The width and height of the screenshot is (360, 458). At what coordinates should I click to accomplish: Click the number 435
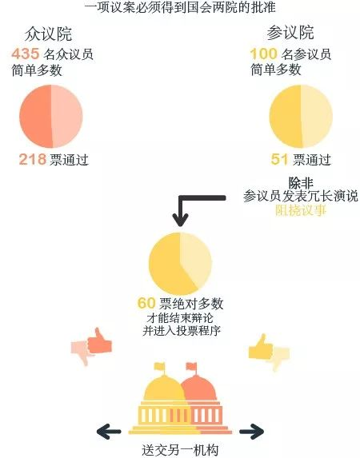pos(25,54)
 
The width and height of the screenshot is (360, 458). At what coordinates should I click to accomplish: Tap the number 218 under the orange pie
pos(33,160)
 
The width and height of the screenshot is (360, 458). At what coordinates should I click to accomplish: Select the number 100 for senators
pos(263,54)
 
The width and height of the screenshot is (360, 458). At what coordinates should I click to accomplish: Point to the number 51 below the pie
pos(279,160)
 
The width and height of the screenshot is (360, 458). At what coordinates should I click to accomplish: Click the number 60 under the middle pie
pos(146,303)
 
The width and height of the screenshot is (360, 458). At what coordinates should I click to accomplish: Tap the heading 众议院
pos(48,34)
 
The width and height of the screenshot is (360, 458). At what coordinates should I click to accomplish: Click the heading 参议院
pos(290,33)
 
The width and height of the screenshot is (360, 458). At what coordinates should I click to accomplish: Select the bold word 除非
pos(301,183)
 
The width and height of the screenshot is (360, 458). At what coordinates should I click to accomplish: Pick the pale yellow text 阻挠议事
pos(301,209)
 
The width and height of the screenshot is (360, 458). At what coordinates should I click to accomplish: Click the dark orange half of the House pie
pos(35,116)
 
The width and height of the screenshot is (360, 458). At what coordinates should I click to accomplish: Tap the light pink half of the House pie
pos(67,116)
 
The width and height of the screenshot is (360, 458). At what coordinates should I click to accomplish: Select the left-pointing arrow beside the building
pos(109,432)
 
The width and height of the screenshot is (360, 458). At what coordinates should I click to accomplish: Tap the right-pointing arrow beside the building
pos(252,432)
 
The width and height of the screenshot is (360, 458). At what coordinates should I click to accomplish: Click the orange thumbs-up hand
pos(99,342)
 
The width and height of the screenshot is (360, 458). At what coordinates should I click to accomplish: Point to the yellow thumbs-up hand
pos(260,348)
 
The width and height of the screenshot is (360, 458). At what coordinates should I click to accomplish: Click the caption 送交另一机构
pos(180,450)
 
